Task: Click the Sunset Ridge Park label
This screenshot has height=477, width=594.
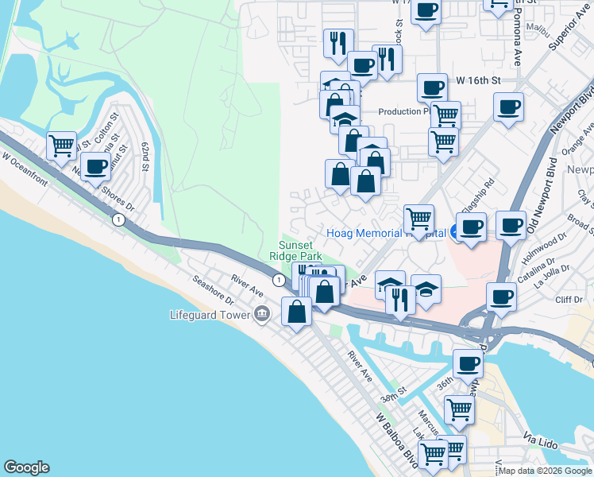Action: [x=300, y=250]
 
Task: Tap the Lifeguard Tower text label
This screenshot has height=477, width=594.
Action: [x=209, y=315]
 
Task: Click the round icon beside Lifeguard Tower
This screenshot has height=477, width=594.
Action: [x=261, y=316]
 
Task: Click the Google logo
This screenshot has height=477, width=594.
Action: [x=26, y=467]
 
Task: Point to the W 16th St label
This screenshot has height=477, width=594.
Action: [x=479, y=80]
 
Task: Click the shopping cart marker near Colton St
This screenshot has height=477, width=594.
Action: [x=61, y=145]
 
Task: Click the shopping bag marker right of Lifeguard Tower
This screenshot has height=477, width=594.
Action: [x=296, y=311]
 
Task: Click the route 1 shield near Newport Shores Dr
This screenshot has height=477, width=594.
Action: [x=118, y=219]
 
